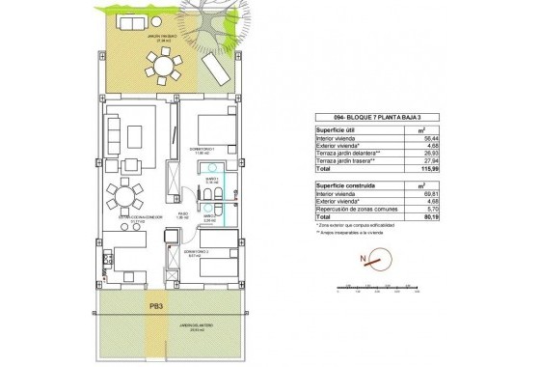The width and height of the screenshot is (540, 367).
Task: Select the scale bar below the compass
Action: point(377,287)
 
